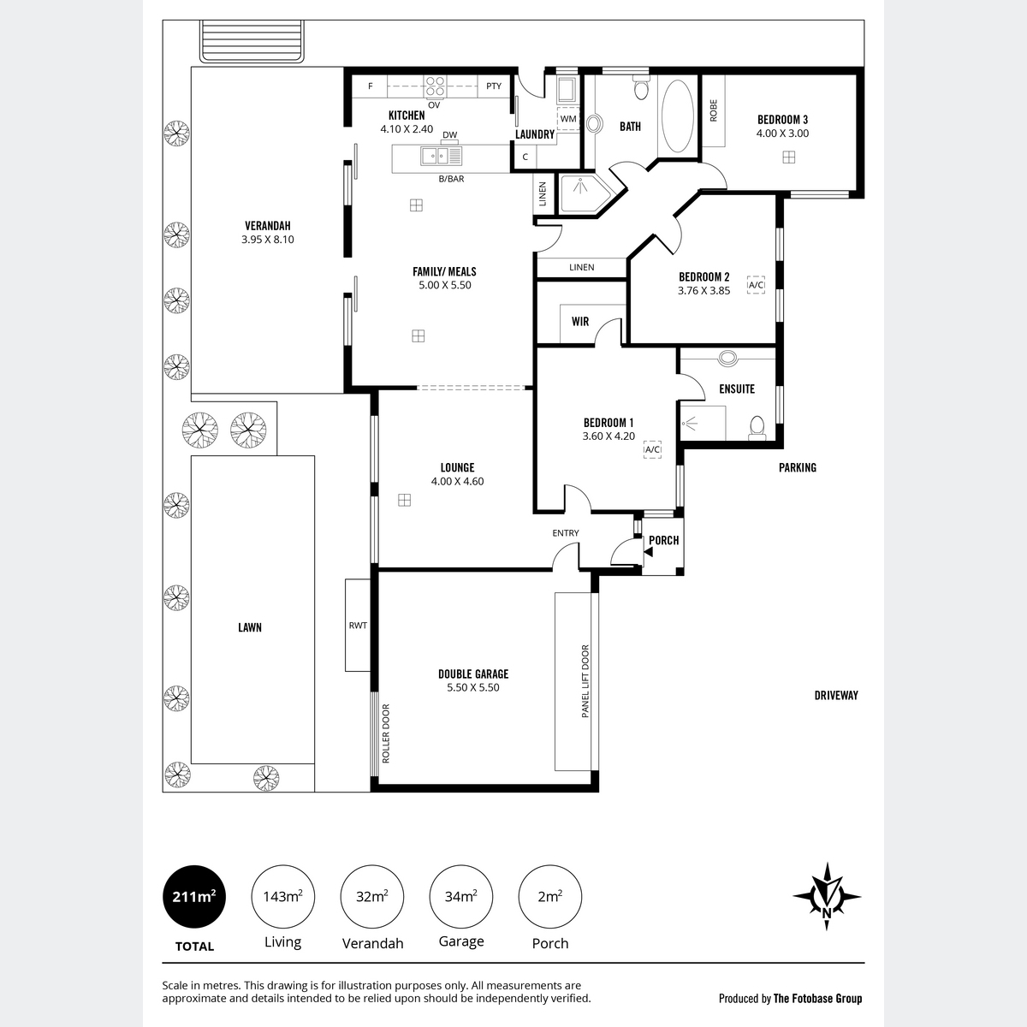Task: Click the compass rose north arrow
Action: point(827,896)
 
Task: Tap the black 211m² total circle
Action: point(194,896)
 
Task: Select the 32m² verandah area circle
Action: point(372,896)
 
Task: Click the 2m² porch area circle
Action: point(550,896)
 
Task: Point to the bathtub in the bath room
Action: point(677,116)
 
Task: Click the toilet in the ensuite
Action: point(757,428)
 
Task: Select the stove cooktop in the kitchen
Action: point(435,86)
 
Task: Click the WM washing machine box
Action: point(568,119)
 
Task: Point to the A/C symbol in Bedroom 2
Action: point(756,285)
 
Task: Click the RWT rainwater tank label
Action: point(358,625)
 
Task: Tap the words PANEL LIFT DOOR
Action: point(585,681)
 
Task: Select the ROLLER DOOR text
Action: point(386,733)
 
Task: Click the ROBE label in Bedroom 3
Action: point(713,110)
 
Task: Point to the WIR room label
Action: point(580,322)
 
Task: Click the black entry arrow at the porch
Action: point(648,552)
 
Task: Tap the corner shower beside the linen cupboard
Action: point(585,194)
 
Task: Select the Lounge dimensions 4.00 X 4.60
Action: point(457,481)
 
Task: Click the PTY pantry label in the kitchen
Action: point(494,86)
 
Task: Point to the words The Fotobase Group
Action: point(817,998)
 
